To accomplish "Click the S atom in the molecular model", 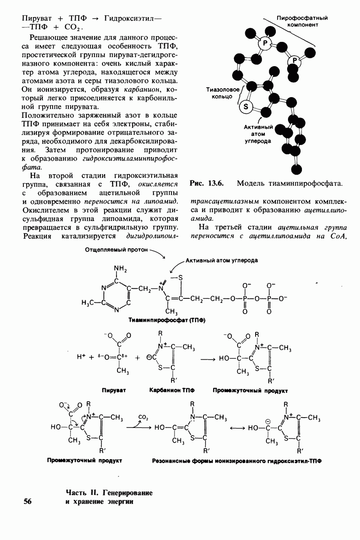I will pos(246,107).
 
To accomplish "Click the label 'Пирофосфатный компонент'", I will pos(301,22).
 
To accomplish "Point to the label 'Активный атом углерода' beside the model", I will pos(257,134).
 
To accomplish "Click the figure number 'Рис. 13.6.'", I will pos(207,184).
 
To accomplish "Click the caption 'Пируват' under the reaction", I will pos(113,391).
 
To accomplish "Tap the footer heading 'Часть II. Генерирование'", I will pos(109,493).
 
